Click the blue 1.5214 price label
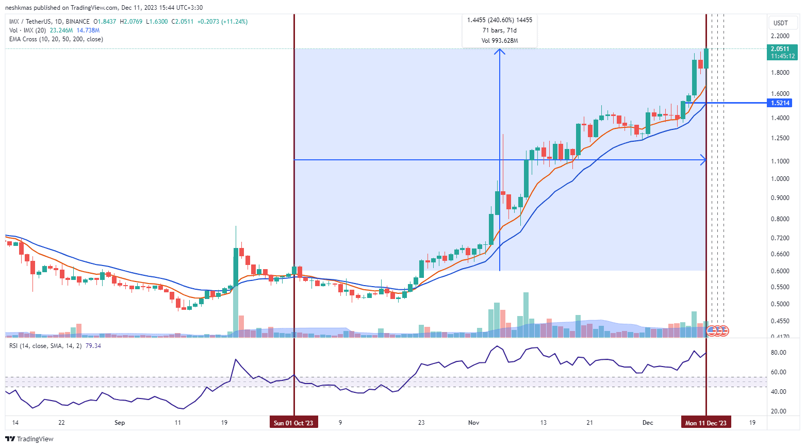click(x=780, y=103)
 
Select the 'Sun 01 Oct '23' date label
click(x=293, y=423)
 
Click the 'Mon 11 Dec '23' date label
click(x=705, y=423)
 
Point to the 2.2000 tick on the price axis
click(x=780, y=36)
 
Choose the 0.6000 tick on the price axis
click(x=780, y=271)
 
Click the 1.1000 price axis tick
click(x=780, y=161)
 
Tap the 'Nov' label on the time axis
click(x=473, y=423)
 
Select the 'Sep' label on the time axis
click(x=120, y=423)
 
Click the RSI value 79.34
click(x=93, y=346)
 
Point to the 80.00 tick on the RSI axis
click(x=778, y=353)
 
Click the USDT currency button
click(x=781, y=23)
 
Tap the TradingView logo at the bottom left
click(x=29, y=439)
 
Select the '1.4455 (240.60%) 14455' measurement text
click(x=499, y=20)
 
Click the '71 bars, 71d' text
click(x=499, y=30)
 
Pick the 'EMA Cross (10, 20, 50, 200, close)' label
click(x=56, y=39)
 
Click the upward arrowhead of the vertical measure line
click(x=499, y=51)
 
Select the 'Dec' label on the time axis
click(x=648, y=423)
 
